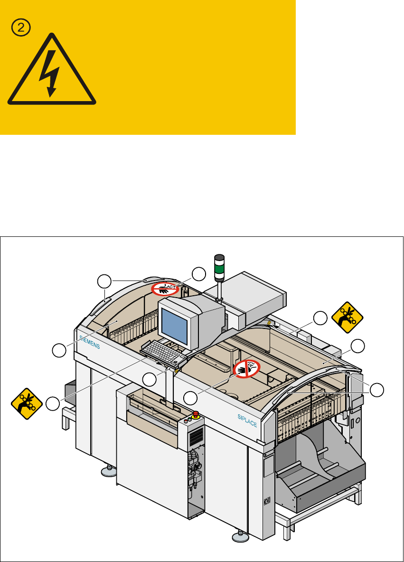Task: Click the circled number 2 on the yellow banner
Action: [21, 28]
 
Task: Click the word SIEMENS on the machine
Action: [89, 340]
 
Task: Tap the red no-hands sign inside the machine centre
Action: [246, 369]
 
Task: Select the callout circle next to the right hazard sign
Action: [321, 318]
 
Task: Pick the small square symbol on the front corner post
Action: [267, 500]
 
